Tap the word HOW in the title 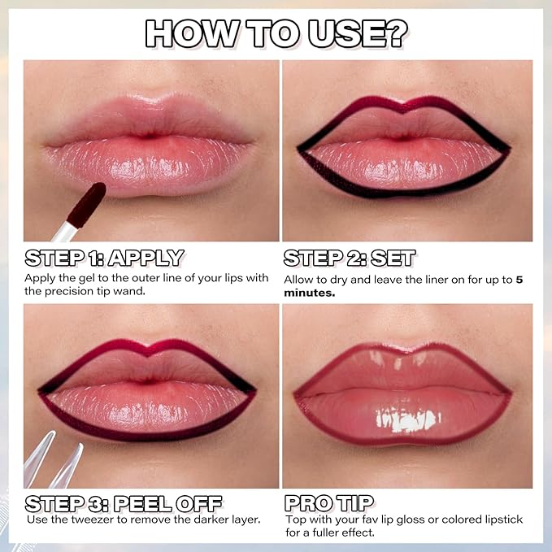click(191, 33)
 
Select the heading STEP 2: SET click(350, 259)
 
